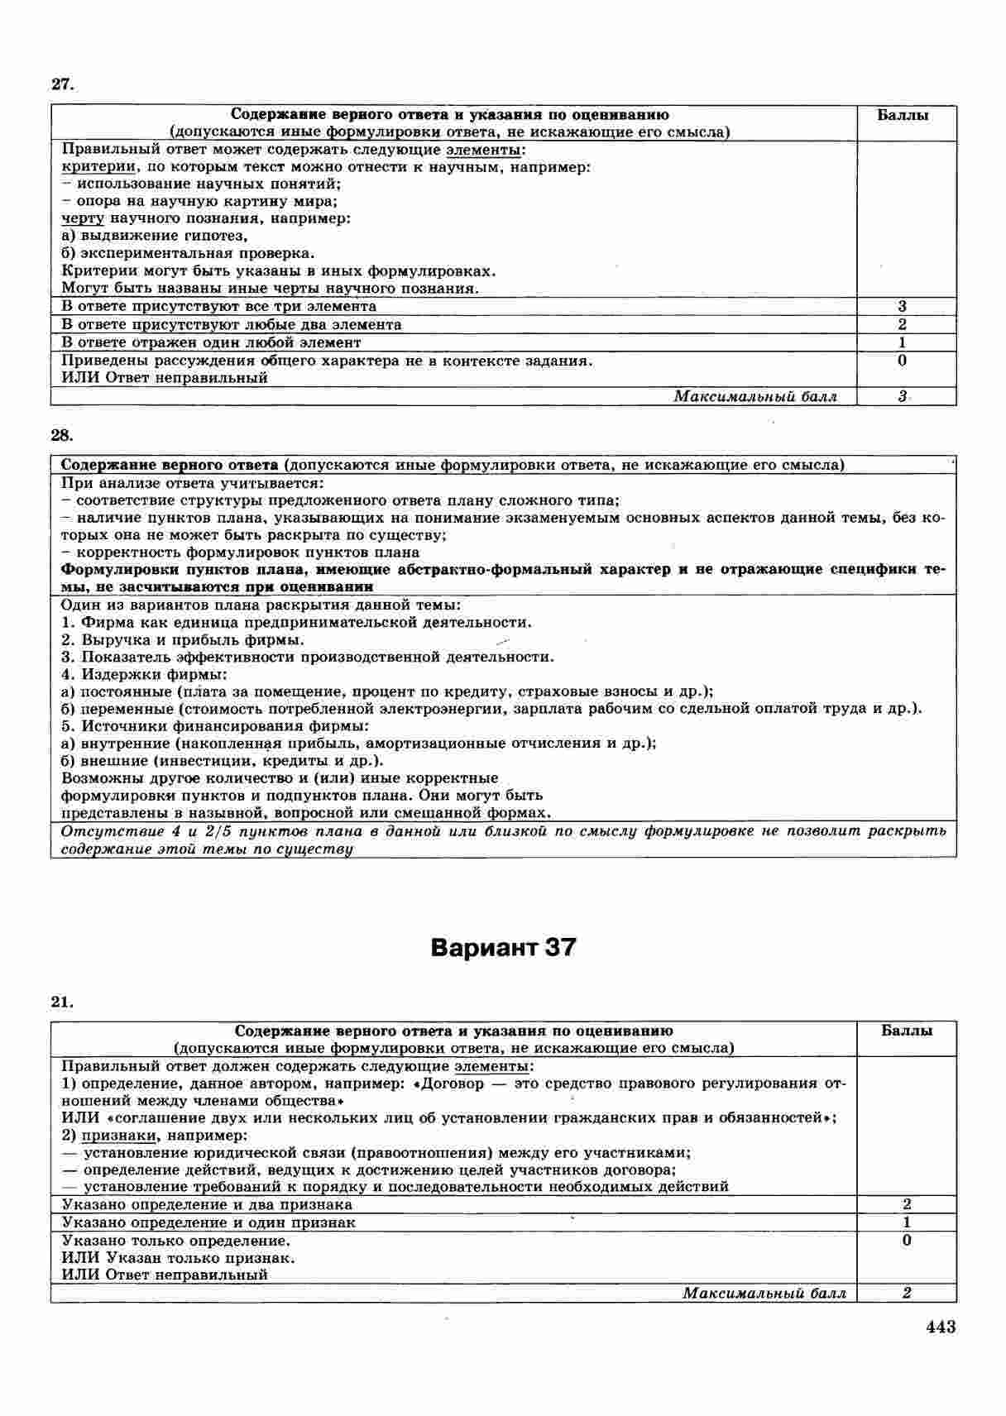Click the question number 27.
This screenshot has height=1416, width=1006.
point(63,84)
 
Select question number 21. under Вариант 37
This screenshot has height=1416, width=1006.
point(63,1002)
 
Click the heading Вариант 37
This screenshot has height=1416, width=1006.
point(503,947)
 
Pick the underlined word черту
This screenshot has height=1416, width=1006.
point(83,218)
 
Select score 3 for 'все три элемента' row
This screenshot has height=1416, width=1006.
point(902,307)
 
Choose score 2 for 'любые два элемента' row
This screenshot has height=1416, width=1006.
point(902,324)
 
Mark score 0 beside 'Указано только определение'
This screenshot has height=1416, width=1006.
point(907,1241)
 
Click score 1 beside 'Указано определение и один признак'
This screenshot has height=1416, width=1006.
point(907,1222)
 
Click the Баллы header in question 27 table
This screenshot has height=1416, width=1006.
point(903,115)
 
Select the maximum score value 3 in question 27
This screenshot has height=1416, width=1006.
point(902,397)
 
